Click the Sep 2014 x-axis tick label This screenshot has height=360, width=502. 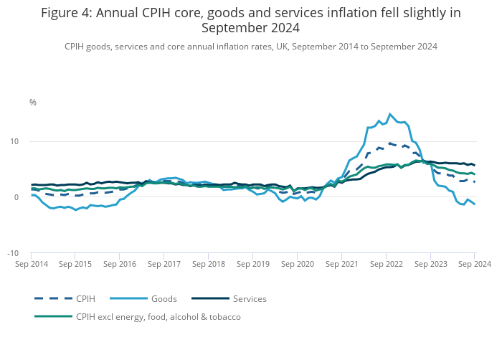click(x=31, y=264)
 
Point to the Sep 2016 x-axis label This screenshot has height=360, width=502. click(x=120, y=264)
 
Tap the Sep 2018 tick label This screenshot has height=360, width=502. click(x=209, y=264)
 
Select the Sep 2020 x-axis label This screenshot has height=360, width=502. click(x=298, y=264)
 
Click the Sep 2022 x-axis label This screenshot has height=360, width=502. click(x=386, y=264)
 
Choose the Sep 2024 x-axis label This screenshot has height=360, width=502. click(x=474, y=264)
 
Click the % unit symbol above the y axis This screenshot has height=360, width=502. click(x=33, y=103)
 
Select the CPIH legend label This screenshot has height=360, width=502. click(x=85, y=298)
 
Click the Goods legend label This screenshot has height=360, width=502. click(x=164, y=298)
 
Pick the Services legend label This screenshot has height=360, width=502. click(x=250, y=298)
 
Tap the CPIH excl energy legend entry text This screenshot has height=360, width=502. click(x=158, y=316)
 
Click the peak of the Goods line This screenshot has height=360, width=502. click(x=390, y=114)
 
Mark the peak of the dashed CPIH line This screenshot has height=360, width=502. click(x=390, y=143)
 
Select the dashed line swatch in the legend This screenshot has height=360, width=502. click(x=53, y=298)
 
